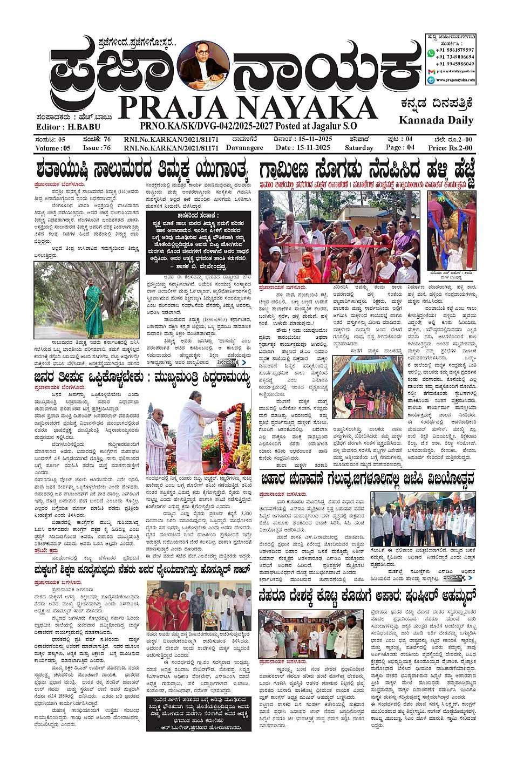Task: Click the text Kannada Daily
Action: point(436,120)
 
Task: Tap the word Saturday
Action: point(359,147)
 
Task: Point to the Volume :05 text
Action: point(53,147)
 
